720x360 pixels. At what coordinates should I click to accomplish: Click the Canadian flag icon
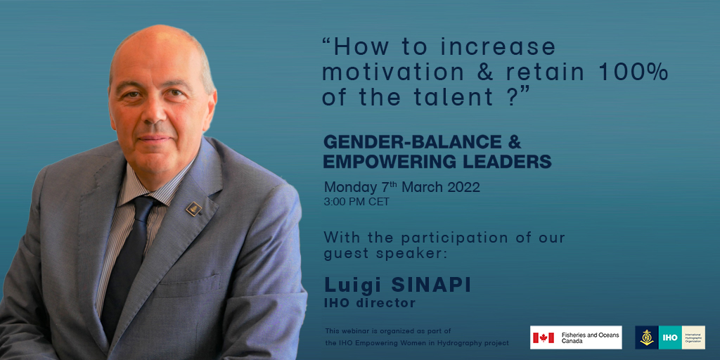(x=543, y=338)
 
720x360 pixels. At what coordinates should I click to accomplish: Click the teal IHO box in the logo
(x=670, y=337)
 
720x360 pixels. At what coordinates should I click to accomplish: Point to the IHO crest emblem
(x=647, y=337)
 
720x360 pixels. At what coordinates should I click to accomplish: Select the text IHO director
(x=369, y=304)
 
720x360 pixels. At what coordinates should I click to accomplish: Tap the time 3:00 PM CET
(x=356, y=202)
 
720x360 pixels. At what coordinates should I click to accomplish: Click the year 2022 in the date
(x=462, y=188)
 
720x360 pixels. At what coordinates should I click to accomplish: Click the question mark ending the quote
(x=513, y=96)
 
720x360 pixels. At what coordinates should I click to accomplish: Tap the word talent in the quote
(x=457, y=96)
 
